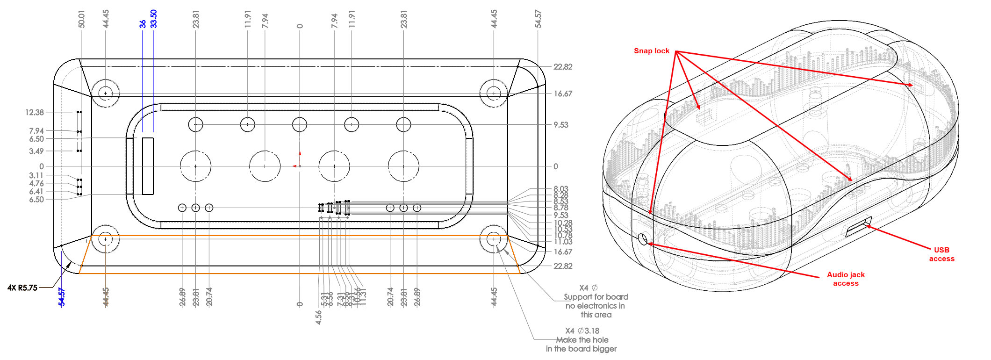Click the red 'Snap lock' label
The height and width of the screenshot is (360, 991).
pos(651,50)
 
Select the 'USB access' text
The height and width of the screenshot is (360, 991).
pos(941,254)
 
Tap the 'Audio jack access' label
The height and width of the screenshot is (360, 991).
pos(846,279)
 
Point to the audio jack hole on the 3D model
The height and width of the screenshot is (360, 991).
pos(643,239)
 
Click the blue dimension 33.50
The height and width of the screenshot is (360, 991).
pos(154,19)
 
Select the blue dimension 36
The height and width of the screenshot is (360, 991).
pos(143,23)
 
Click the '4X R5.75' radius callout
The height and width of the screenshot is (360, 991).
pos(22,288)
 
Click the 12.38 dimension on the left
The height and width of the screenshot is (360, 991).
pos(34,112)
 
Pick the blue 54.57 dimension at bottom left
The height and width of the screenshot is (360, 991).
pos(62,297)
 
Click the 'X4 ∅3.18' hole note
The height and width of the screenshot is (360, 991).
pos(582,331)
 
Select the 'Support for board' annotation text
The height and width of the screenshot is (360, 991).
pos(596,297)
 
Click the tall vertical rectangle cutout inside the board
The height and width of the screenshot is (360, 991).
pos(148,166)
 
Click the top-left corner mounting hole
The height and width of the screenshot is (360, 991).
pos(106,93)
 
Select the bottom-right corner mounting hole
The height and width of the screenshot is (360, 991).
pos(494,239)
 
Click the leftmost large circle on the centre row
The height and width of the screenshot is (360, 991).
pos(195,166)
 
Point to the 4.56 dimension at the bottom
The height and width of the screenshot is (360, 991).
pos(318,317)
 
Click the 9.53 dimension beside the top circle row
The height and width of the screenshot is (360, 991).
pos(561,125)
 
